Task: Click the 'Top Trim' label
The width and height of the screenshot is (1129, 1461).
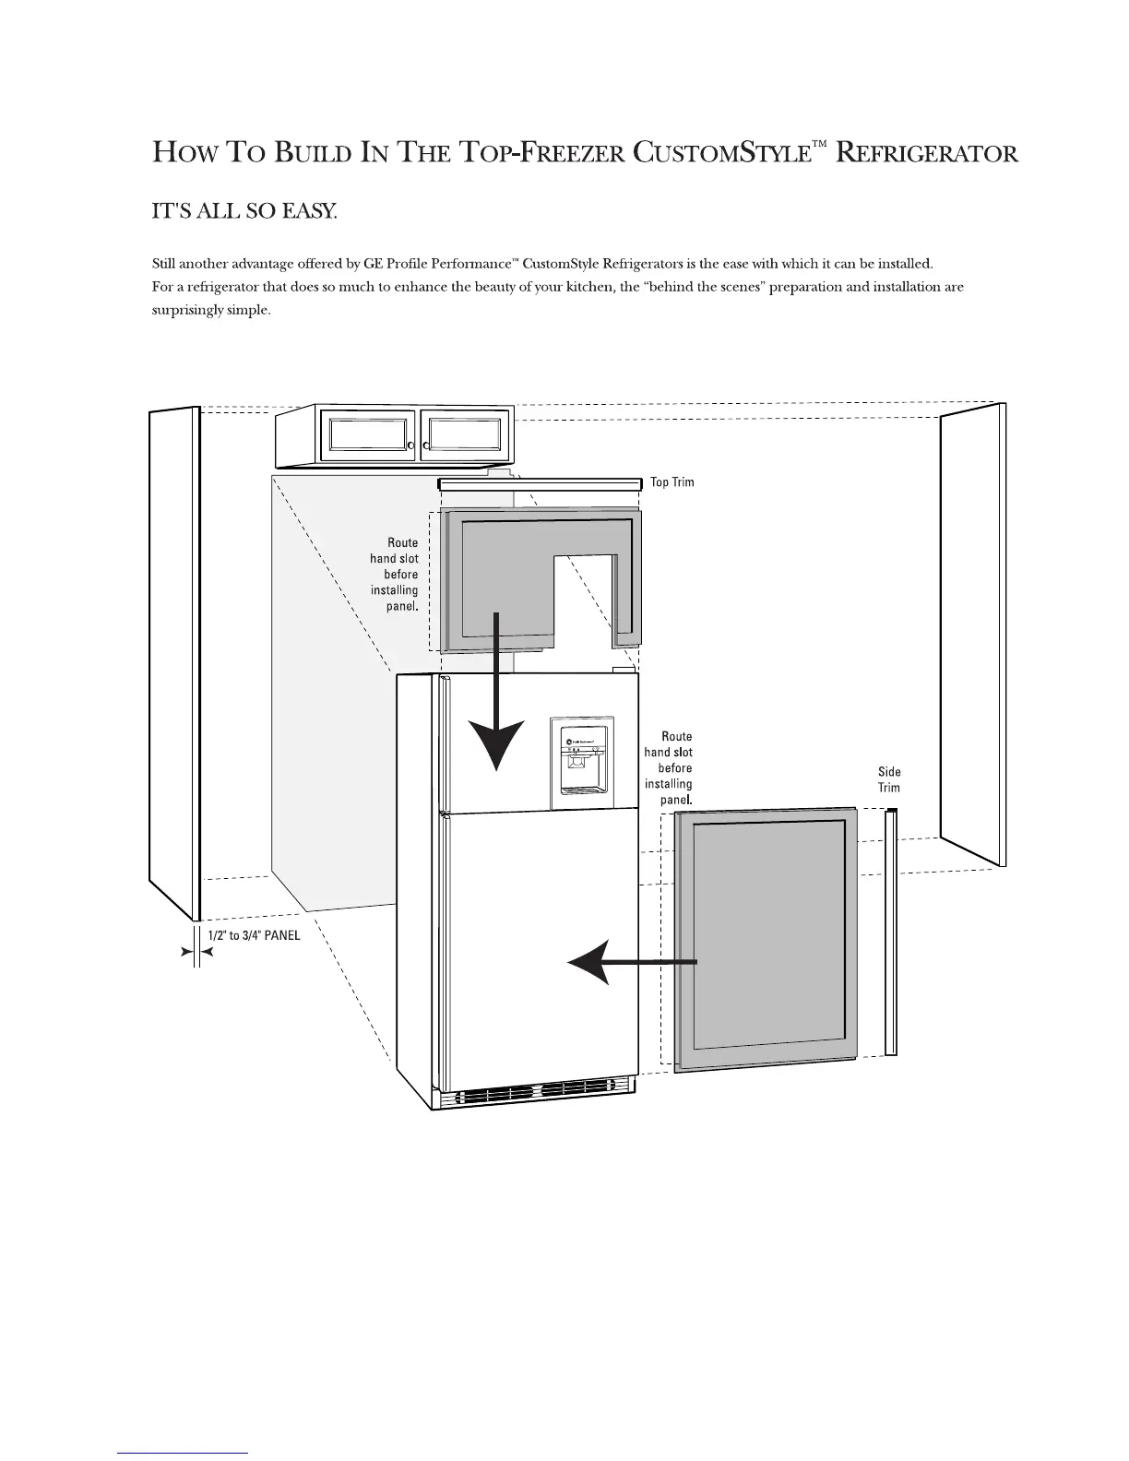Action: (x=671, y=482)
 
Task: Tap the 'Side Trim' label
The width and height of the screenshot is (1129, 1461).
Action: (x=889, y=779)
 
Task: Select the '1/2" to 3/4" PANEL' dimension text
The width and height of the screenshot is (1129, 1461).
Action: (x=254, y=934)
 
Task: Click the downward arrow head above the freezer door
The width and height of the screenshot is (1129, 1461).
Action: (x=497, y=743)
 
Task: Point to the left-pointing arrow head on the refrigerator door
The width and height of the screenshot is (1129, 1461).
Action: (x=590, y=963)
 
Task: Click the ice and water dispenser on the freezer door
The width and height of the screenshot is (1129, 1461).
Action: (x=581, y=756)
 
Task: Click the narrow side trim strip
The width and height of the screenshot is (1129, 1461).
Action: (x=891, y=932)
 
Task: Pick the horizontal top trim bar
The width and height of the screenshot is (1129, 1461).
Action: (x=540, y=484)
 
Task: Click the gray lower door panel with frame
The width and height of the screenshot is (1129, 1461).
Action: (x=767, y=936)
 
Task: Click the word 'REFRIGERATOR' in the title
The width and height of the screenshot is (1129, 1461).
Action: (x=927, y=153)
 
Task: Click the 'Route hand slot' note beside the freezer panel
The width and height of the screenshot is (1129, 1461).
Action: (x=394, y=574)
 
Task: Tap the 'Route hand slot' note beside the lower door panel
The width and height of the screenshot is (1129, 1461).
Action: (x=669, y=767)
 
